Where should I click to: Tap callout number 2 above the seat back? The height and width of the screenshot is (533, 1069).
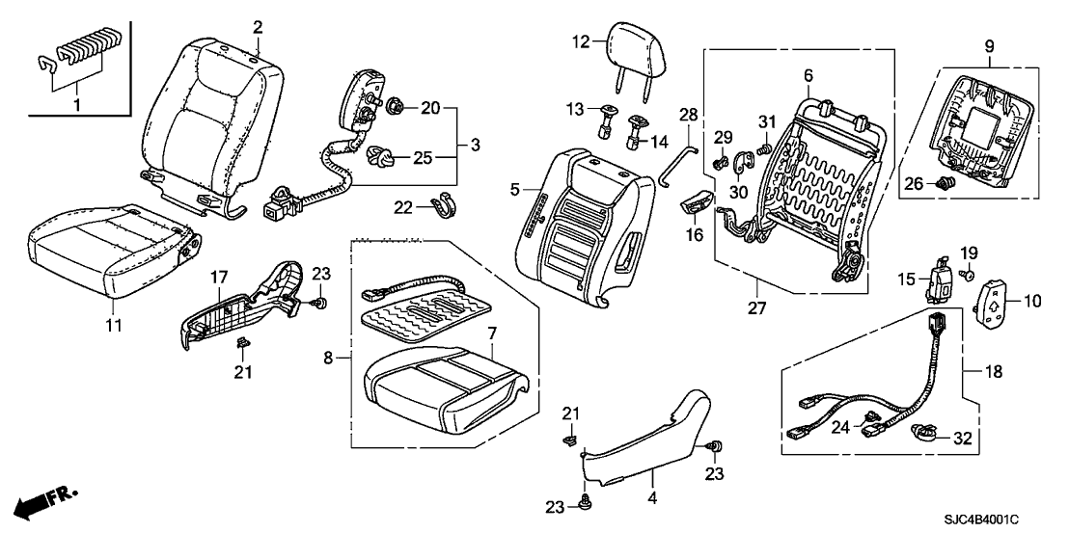258,27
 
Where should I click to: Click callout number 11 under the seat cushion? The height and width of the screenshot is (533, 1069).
114,326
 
